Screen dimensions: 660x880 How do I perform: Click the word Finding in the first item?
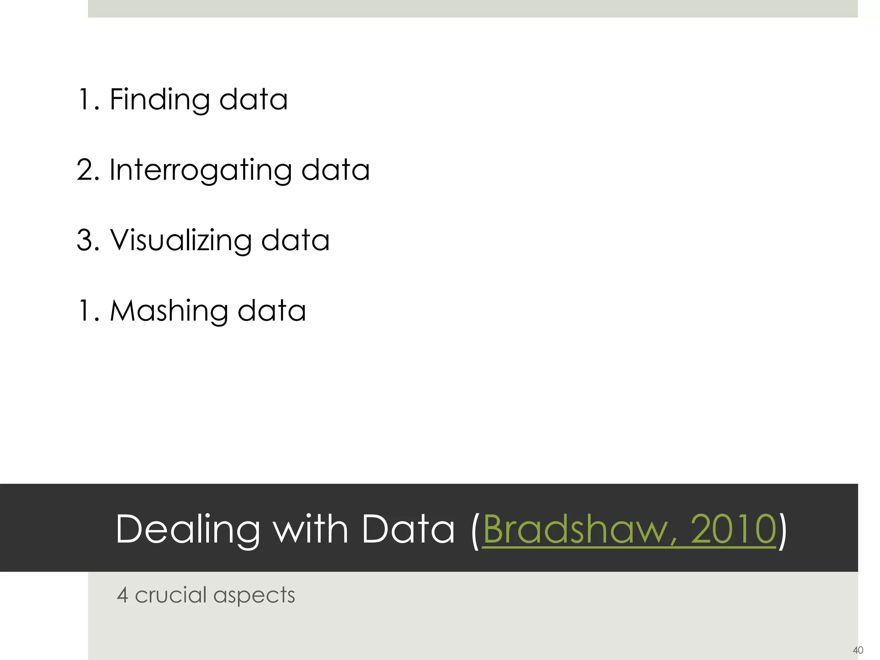pos(159,100)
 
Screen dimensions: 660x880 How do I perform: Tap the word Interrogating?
pos(200,170)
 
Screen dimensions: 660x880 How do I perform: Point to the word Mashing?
pos(168,311)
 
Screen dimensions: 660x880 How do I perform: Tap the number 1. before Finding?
pos(89,99)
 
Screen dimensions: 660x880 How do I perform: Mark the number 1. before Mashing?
pos(89,311)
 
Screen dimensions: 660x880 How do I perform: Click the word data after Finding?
pos(253,99)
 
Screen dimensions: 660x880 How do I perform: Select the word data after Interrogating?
pos(335,170)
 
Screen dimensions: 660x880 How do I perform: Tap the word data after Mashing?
pos(272,311)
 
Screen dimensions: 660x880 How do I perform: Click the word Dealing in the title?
pos(188,529)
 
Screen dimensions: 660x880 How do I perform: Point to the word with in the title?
pos(311,529)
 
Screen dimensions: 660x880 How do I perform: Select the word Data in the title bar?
pos(408,529)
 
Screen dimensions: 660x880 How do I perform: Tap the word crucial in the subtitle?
pos(171,595)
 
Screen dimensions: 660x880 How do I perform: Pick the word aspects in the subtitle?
pos(254,596)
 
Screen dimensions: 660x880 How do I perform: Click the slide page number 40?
pos(858,650)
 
